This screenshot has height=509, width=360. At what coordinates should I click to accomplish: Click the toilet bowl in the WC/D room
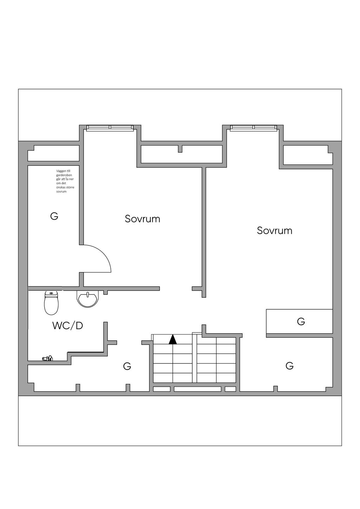51,305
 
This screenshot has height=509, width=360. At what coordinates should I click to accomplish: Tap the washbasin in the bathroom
87,300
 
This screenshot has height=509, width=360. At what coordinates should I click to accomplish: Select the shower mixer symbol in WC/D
47,358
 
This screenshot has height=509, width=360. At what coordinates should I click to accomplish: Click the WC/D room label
67,326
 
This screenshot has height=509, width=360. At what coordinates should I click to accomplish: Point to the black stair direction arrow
173,339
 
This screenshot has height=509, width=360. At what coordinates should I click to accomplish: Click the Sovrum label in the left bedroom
142,219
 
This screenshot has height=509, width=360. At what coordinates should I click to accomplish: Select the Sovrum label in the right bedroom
275,231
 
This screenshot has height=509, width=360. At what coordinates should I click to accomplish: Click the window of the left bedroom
110,127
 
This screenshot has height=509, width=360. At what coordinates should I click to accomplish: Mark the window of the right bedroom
253,127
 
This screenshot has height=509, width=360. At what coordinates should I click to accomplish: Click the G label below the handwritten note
54,216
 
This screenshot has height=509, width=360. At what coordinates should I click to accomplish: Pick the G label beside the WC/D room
127,366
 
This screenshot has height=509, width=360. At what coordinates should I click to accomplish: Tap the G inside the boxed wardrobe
301,321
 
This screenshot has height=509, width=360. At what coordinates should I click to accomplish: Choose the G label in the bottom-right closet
289,366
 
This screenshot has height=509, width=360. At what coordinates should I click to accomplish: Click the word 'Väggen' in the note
61,171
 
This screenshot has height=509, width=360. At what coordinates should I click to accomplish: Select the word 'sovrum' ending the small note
61,192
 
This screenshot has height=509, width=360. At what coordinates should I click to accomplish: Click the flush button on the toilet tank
51,293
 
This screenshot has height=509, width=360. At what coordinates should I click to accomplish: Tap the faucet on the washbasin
87,294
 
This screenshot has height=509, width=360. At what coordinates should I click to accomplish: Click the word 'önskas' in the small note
61,187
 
